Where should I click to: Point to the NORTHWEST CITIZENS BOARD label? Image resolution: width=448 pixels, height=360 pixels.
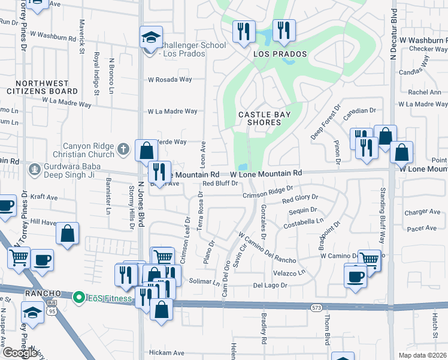click(x=47, y=87)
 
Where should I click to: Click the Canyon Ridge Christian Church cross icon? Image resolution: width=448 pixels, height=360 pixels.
click(x=123, y=148)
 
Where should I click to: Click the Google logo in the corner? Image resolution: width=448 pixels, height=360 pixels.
click(x=20, y=353)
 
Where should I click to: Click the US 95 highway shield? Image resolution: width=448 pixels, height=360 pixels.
click(x=52, y=311)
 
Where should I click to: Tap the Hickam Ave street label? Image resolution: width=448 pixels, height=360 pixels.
click(x=164, y=353)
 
